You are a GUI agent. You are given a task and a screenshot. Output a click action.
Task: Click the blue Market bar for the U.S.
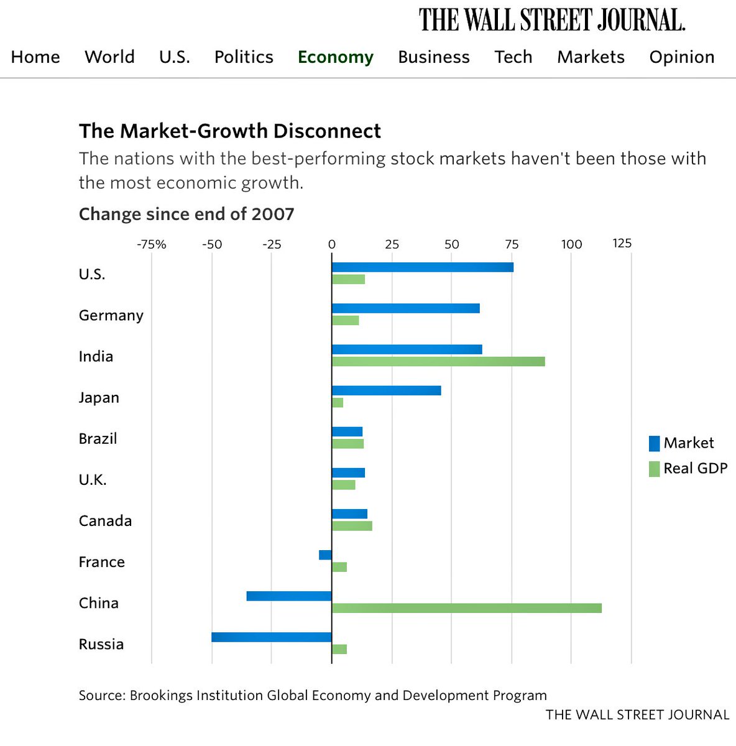[423, 267]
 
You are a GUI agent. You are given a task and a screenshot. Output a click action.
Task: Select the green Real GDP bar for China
[466, 608]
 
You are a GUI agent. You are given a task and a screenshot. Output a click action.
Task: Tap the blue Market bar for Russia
[272, 637]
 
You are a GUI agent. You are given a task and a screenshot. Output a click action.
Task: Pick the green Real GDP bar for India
[438, 361]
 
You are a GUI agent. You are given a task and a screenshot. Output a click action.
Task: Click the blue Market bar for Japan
[386, 390]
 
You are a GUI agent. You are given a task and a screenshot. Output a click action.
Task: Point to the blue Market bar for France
[325, 555]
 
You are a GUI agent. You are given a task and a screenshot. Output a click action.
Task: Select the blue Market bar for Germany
[405, 308]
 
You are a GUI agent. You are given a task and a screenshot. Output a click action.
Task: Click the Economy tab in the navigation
[336, 57]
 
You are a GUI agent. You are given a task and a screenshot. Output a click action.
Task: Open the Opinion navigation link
[681, 57]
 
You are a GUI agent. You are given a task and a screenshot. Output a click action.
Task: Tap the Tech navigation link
[513, 57]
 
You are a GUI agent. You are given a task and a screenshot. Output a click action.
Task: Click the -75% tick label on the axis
[152, 244]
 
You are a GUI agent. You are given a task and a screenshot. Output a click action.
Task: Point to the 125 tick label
[622, 243]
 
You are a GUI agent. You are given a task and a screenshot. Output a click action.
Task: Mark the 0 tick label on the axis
[332, 244]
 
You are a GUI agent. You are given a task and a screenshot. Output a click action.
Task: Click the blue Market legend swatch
[654, 443]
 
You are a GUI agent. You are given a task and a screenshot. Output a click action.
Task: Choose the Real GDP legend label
[695, 468]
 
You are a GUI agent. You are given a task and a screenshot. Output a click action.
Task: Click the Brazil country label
[98, 438]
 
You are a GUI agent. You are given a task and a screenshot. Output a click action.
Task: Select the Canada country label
[105, 520]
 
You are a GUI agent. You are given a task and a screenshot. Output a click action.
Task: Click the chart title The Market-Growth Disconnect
[230, 131]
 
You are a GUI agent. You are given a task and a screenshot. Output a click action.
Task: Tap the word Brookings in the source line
[160, 695]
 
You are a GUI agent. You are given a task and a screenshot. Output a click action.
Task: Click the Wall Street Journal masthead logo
[552, 20]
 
